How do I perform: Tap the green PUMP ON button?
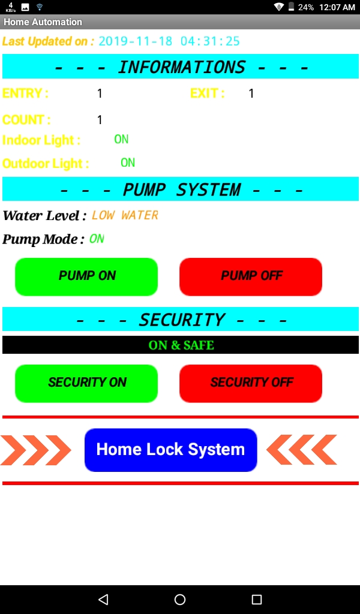click(86, 276)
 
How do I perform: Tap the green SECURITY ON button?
click(86, 383)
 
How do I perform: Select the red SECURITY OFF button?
click(251, 383)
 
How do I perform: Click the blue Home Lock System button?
click(170, 450)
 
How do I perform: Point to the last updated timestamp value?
click(169, 41)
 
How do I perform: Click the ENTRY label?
click(25, 94)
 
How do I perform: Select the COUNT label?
click(26, 120)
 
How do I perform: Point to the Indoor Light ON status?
click(121, 139)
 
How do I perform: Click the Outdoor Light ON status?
click(128, 162)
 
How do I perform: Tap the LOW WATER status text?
click(125, 215)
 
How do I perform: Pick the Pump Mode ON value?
click(97, 239)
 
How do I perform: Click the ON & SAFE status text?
click(181, 345)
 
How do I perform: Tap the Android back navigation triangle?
click(103, 599)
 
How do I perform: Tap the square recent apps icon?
click(257, 599)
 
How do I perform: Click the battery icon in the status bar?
click(291, 7)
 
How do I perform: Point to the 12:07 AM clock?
click(337, 7)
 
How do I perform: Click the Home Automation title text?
click(43, 22)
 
